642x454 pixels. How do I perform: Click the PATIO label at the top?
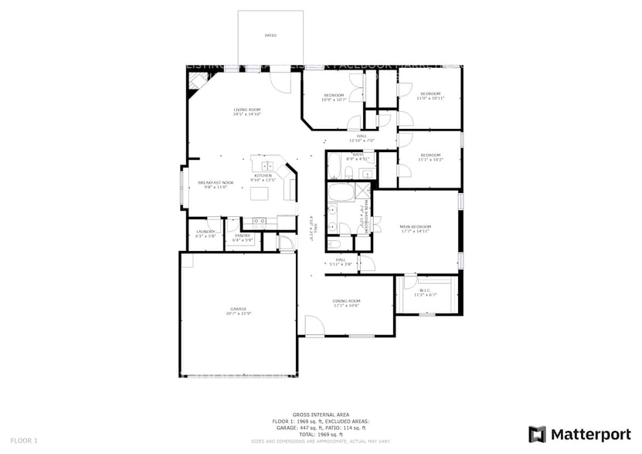click(270, 36)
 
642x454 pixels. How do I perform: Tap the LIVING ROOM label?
click(247, 110)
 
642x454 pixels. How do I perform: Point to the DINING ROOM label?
click(347, 301)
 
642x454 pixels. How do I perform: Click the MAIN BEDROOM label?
click(414, 226)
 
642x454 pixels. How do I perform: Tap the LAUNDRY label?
click(205, 232)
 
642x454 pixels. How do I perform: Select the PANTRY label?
click(243, 235)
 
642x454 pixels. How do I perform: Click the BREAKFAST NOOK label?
click(216, 182)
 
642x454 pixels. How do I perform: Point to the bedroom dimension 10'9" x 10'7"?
click(334, 100)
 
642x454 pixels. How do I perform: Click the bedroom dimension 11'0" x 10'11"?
click(430, 99)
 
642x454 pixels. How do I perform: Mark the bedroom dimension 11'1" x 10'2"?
click(431, 160)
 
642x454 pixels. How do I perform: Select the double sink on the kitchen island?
click(267, 165)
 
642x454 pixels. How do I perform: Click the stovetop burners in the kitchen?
click(260, 221)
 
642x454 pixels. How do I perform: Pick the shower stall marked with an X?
click(362, 190)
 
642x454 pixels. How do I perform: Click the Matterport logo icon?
click(537, 434)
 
